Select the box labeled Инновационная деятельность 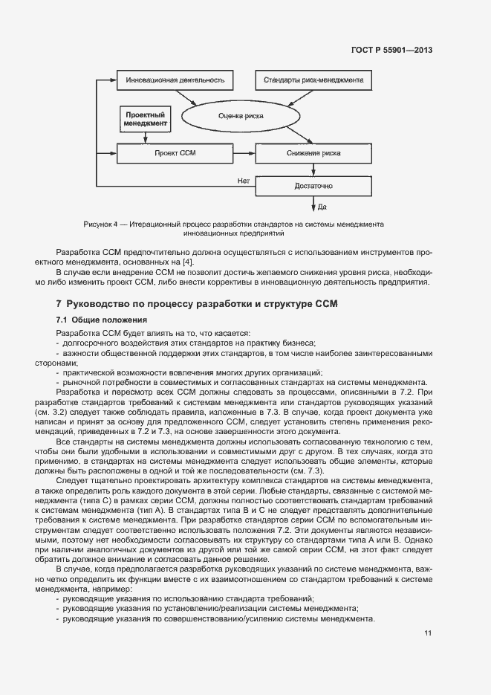coord(175,80)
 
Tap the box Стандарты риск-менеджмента coord(310,80)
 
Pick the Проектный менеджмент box coord(145,118)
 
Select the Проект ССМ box coord(175,153)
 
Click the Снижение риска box coord(313,153)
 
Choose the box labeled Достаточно coord(313,185)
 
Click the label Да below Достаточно coord(323,207)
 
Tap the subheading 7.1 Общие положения coord(92,319)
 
